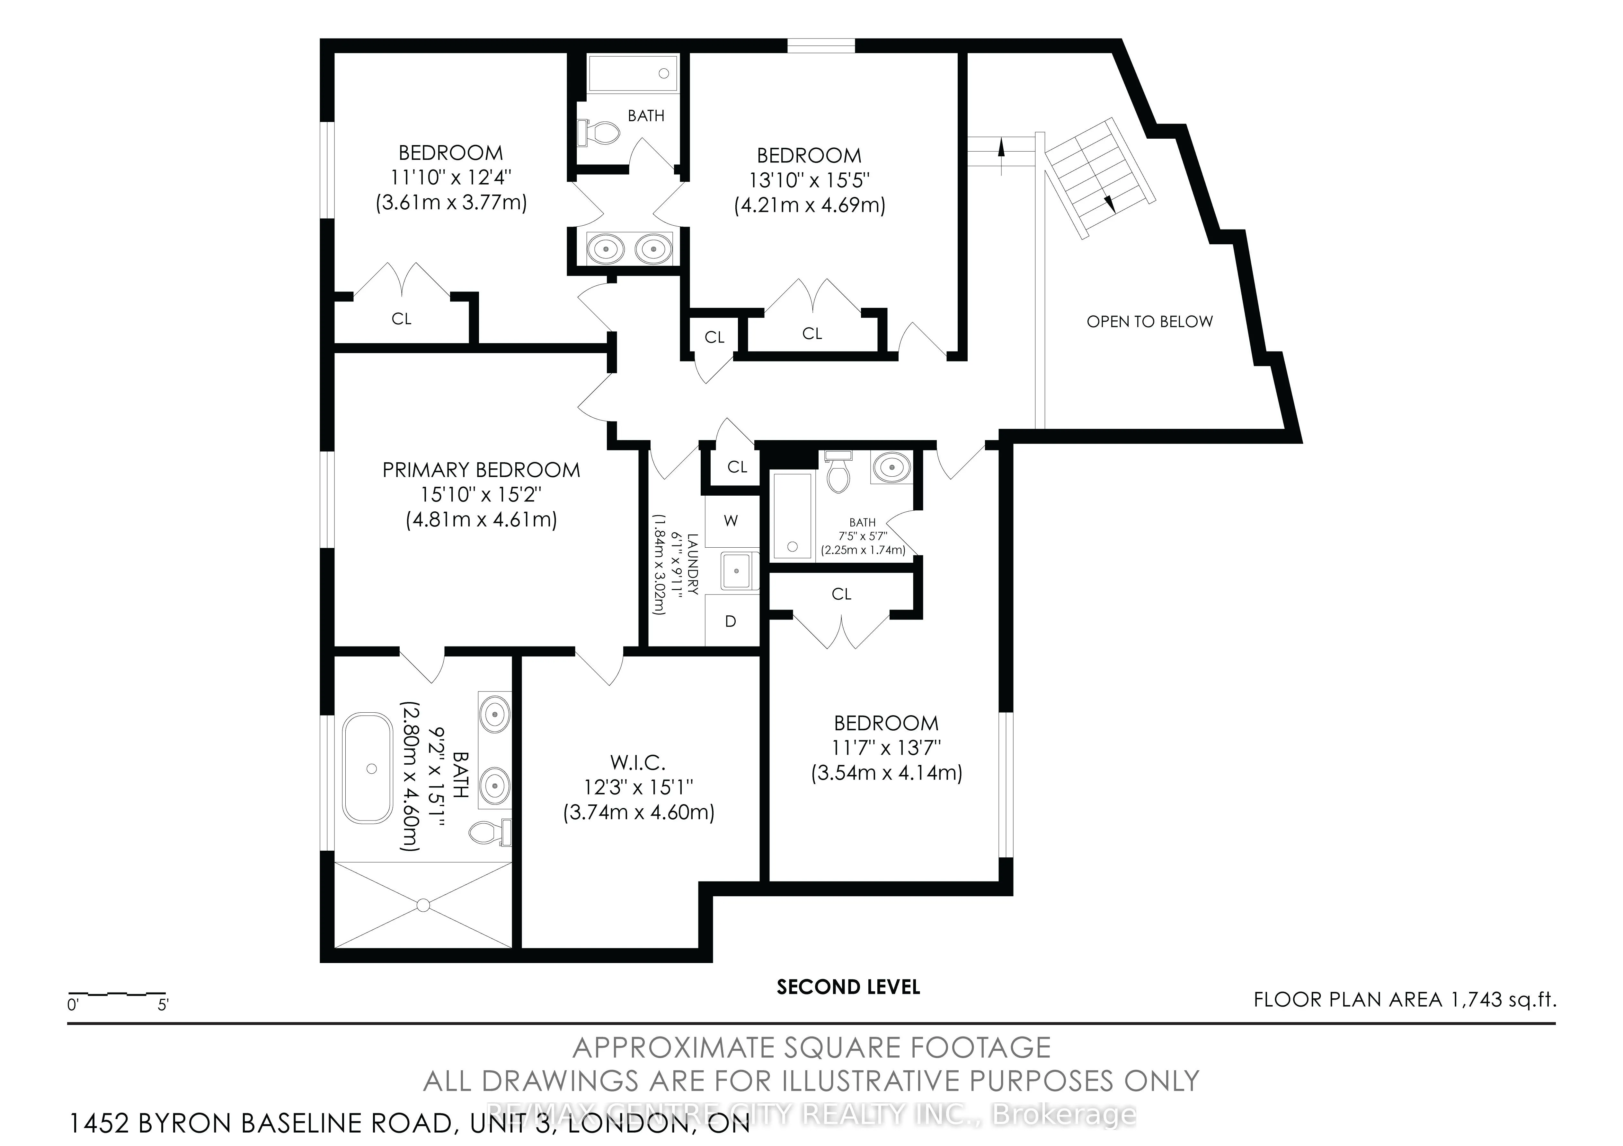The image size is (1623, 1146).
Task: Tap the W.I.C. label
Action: point(638,762)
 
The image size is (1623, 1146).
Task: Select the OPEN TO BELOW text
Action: point(1149,321)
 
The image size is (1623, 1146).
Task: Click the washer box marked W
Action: point(731,521)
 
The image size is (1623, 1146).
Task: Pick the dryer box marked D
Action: point(731,621)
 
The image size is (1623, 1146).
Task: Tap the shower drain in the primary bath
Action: point(423,904)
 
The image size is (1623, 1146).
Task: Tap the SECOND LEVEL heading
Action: point(848,987)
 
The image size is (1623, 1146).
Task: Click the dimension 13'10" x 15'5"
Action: point(809,180)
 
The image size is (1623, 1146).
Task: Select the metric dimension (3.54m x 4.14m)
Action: point(886,773)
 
